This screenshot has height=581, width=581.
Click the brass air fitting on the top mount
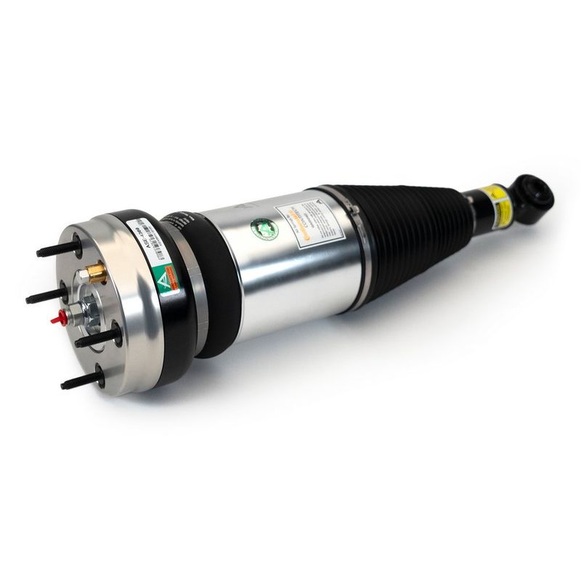pos(94,275)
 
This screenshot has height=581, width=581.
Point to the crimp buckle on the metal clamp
pos(356,211)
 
